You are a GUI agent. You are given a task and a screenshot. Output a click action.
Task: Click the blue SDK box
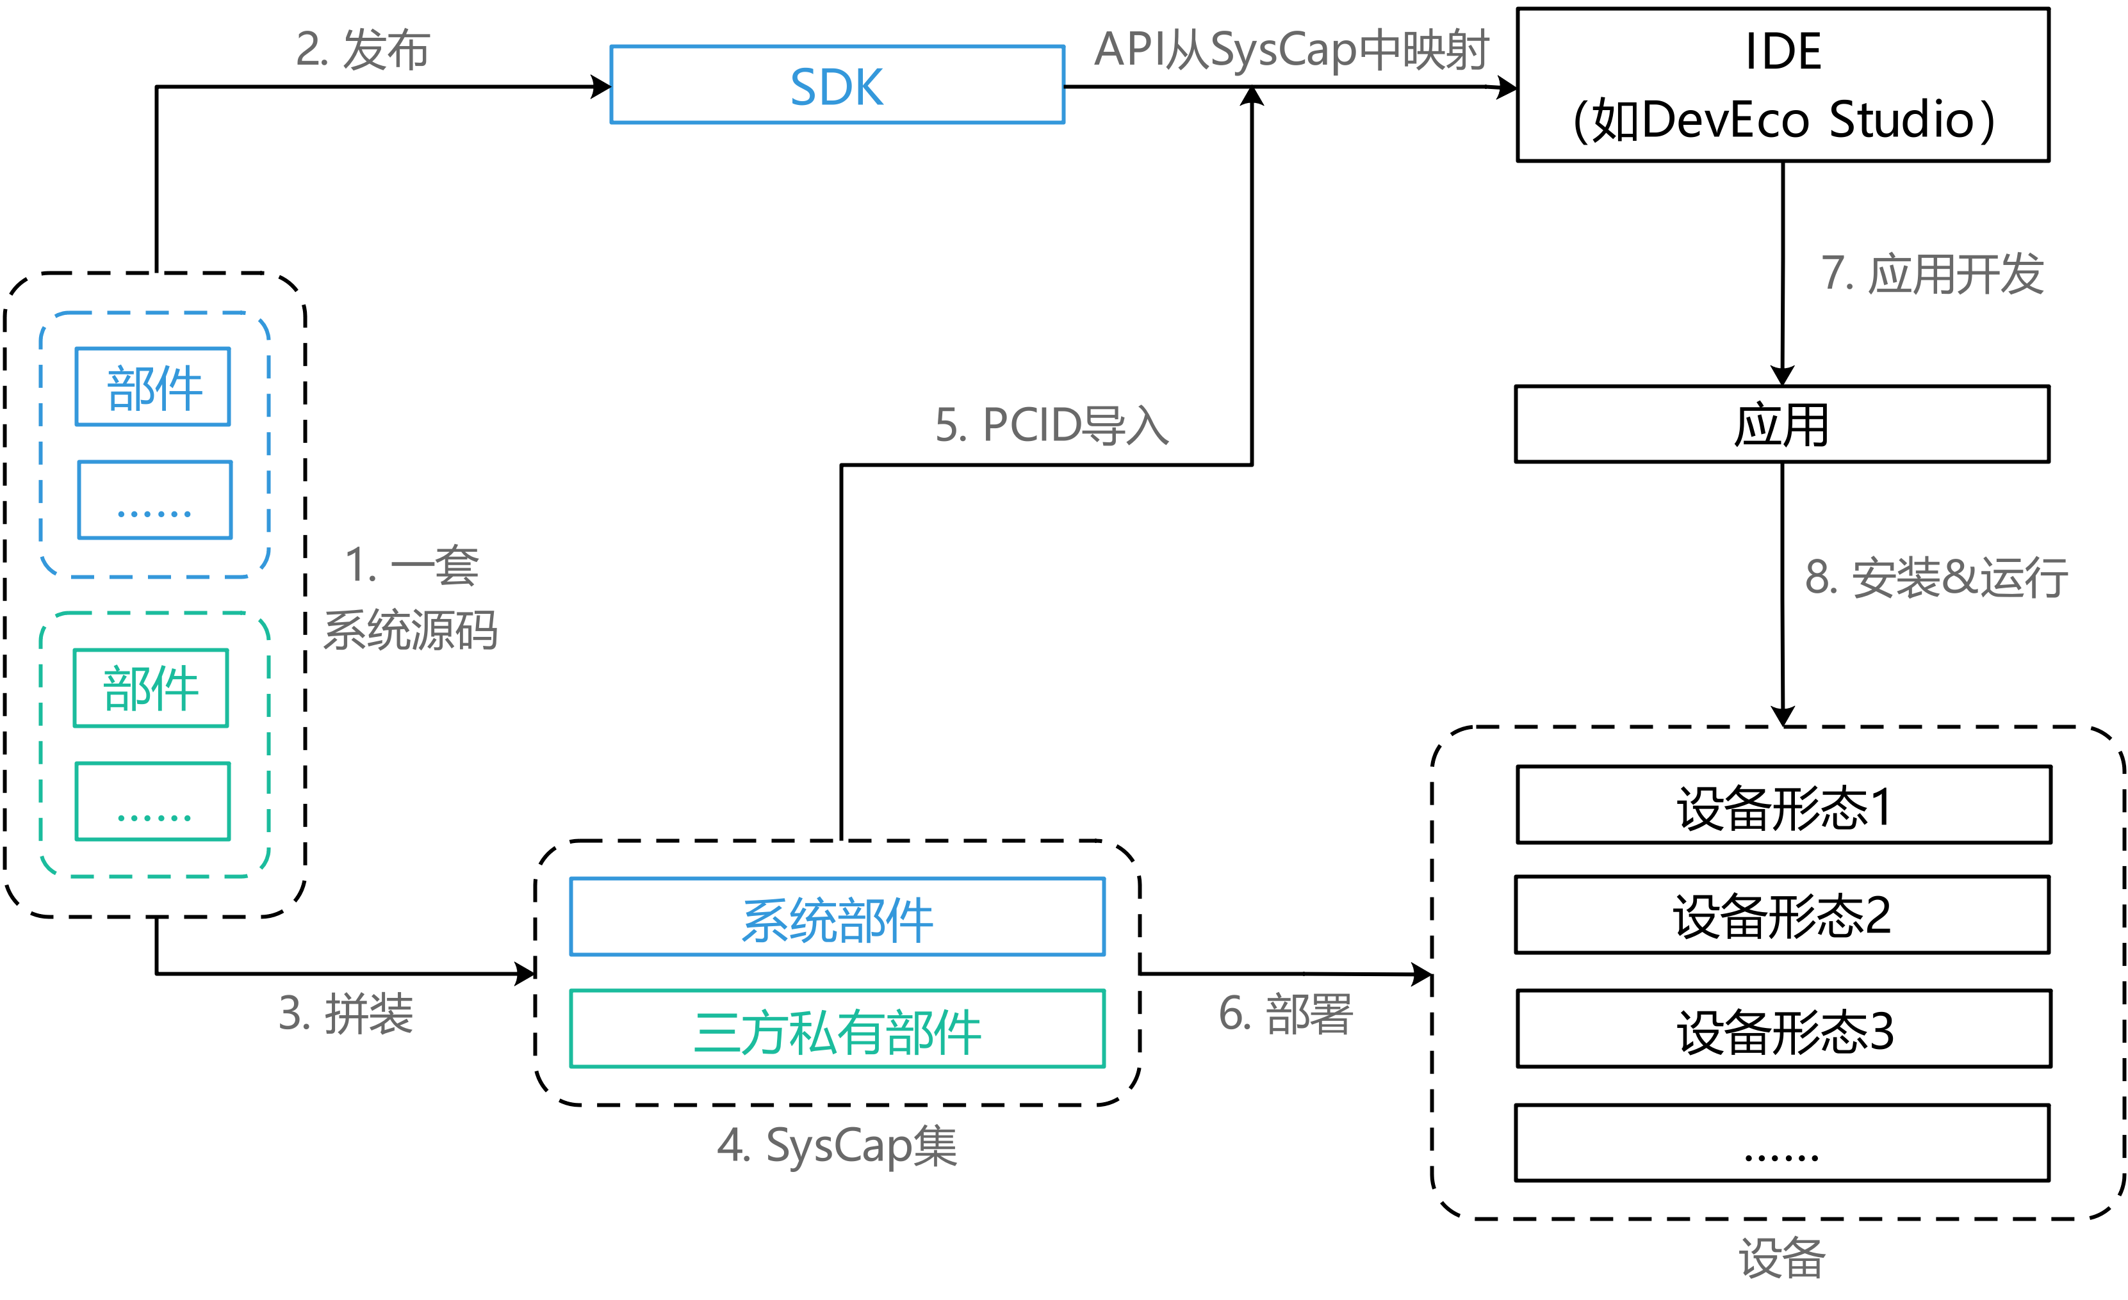pyautogui.click(x=837, y=86)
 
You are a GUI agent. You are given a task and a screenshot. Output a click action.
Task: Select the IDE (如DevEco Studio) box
pyautogui.click(x=1783, y=84)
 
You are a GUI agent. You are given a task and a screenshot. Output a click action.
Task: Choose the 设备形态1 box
pyautogui.click(x=1783, y=805)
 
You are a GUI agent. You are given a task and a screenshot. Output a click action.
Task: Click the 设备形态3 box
pyautogui.click(x=1783, y=1029)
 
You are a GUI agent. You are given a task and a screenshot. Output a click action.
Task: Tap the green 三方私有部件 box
pyautogui.click(x=837, y=1029)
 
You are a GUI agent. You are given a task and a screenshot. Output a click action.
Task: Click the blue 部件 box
pyautogui.click(x=153, y=387)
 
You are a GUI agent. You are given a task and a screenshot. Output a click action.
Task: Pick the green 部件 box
pyautogui.click(x=151, y=688)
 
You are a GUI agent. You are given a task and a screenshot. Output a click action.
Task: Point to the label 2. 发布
pyautogui.click(x=363, y=49)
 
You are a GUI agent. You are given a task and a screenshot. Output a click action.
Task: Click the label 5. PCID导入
pyautogui.click(x=1052, y=425)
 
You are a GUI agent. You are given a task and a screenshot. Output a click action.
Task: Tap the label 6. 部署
pyautogui.click(x=1285, y=1013)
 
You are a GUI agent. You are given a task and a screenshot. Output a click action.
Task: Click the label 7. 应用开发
pyautogui.click(x=1932, y=274)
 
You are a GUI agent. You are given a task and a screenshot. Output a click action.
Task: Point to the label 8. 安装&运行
pyautogui.click(x=1935, y=577)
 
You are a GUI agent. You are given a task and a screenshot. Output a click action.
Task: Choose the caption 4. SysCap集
pyautogui.click(x=837, y=1146)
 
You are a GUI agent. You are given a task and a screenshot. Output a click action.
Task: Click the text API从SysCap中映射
pyautogui.click(x=1291, y=49)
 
